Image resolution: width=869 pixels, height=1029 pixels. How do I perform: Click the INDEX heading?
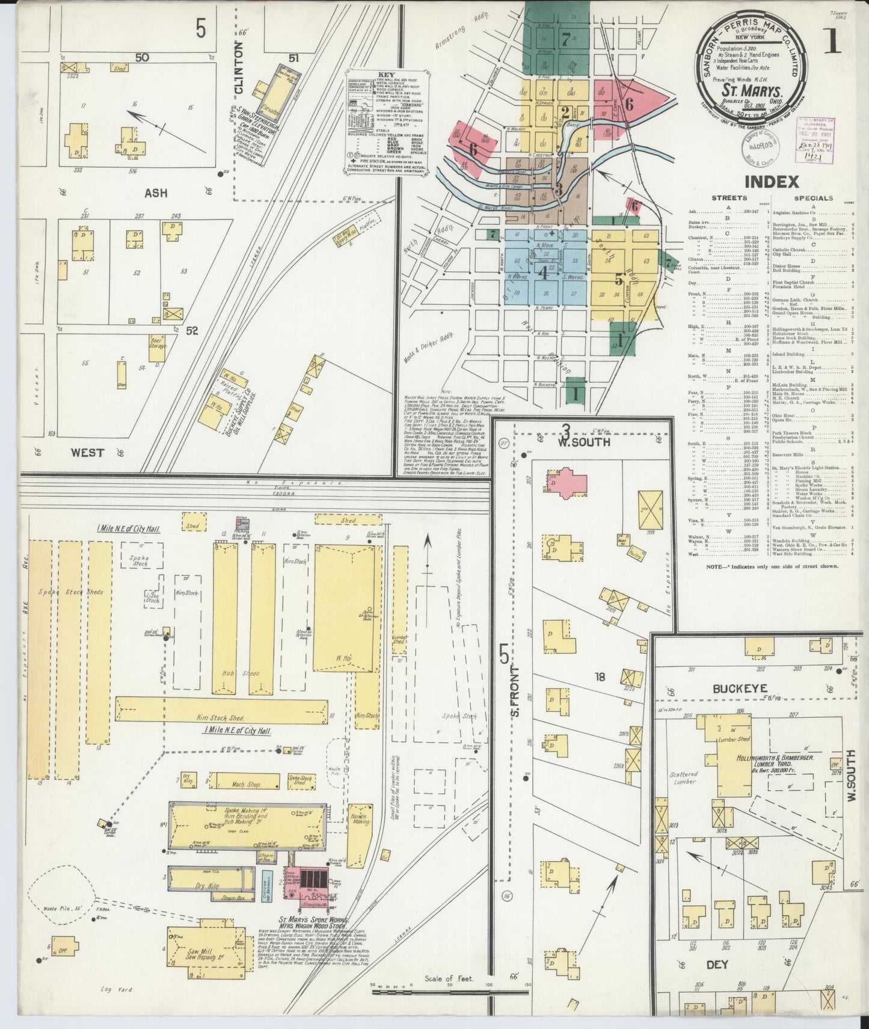coord(772,181)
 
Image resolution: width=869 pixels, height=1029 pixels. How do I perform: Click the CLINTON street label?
coord(239,67)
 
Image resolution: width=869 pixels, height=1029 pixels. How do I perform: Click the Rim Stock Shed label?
coord(222,717)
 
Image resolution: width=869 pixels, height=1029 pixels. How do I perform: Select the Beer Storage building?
coord(158,342)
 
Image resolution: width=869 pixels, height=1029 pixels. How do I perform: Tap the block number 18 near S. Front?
coord(599,677)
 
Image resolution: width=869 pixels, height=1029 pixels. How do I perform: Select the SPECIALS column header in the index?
coord(813,198)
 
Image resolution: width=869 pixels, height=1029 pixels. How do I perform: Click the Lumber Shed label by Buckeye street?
coord(734,739)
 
